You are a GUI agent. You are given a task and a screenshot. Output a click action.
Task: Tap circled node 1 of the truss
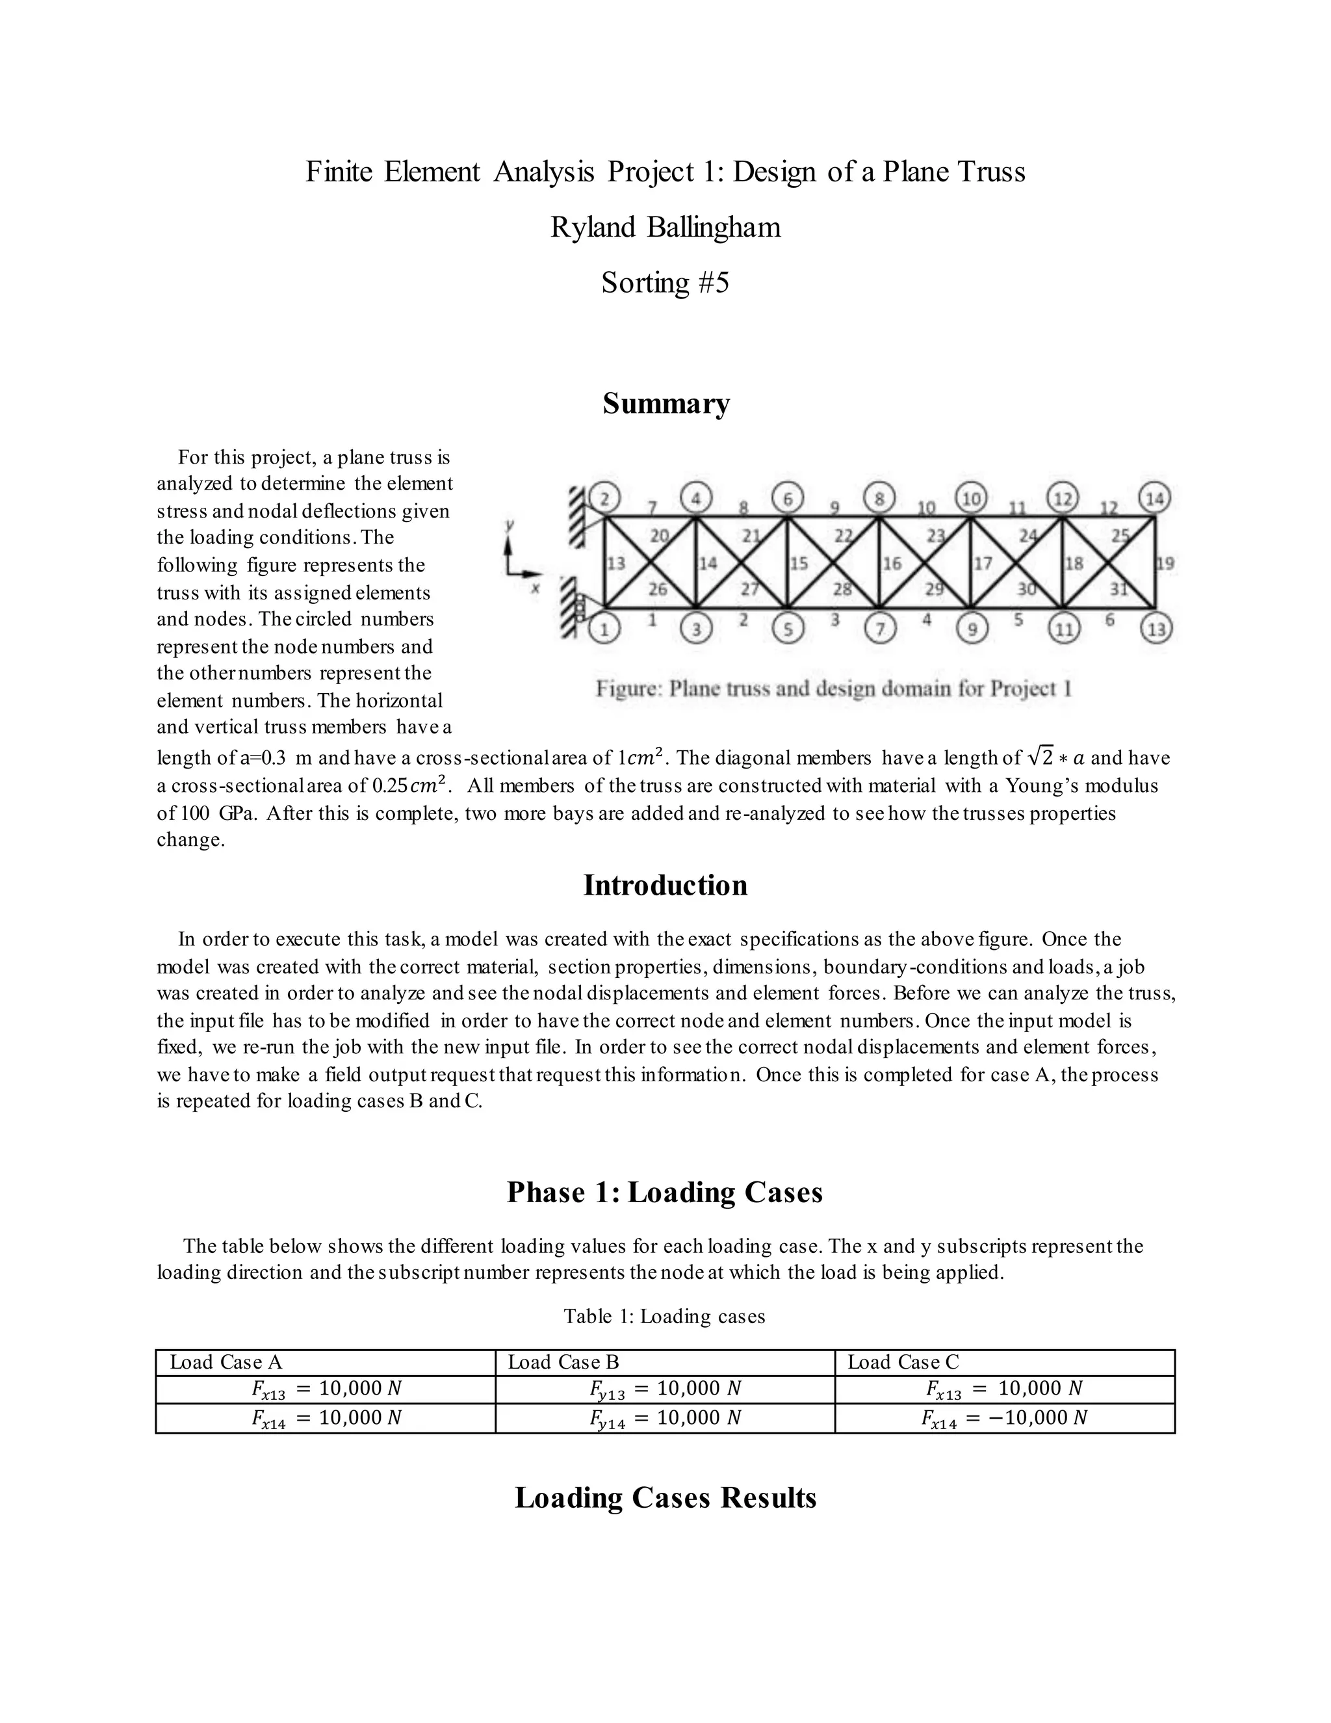pos(606,629)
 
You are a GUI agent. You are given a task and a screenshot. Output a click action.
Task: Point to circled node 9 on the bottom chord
pos(972,629)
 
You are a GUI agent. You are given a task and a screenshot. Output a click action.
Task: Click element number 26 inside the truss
pos(657,588)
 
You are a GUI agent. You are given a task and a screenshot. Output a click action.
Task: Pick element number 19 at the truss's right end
pos(1165,563)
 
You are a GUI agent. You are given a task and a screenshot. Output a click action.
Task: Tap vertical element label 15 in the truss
pos(799,563)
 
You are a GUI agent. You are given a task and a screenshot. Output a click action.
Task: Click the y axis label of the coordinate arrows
pos(510,525)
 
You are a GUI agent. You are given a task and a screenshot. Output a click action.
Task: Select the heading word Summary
pos(665,404)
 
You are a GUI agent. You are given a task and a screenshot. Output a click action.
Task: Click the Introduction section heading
pos(665,885)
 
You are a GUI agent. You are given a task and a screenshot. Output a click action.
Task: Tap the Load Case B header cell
pos(665,1361)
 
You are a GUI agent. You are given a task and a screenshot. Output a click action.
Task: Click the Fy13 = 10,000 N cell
pos(665,1389)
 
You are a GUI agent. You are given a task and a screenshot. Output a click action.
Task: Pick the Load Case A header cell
pos(326,1361)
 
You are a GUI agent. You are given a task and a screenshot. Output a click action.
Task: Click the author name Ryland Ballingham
pos(665,227)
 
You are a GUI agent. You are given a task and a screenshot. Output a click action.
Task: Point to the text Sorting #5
pos(665,282)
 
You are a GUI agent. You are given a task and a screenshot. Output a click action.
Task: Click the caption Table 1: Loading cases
pos(665,1316)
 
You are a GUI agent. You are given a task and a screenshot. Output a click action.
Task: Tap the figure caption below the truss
pos(833,689)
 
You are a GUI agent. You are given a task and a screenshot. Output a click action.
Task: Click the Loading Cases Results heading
pos(665,1498)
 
